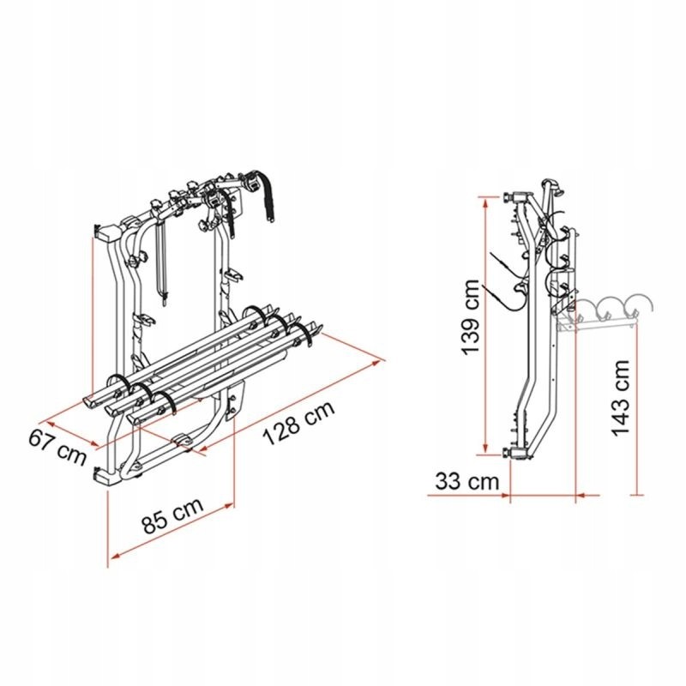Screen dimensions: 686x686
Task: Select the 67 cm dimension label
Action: point(59,447)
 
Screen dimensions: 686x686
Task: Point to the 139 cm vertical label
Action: point(468,319)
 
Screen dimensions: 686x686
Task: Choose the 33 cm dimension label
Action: point(466,481)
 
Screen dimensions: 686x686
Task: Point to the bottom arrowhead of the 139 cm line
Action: point(486,452)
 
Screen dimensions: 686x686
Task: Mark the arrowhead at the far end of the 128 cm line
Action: point(379,363)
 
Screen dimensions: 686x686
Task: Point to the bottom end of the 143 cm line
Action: point(636,494)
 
